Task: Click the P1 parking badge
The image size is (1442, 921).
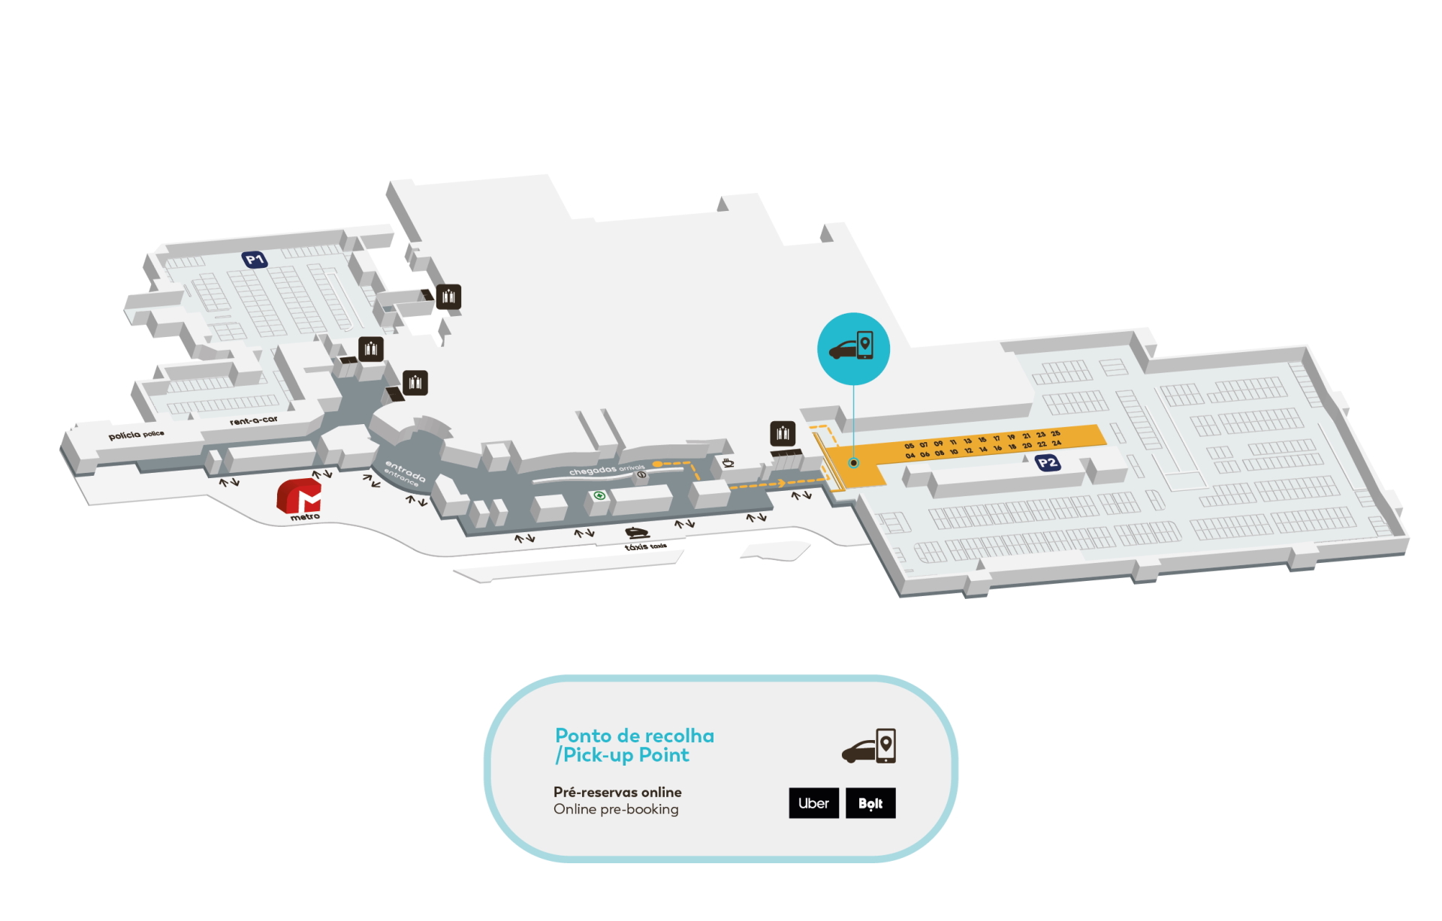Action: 255,260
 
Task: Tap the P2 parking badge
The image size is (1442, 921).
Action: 1047,462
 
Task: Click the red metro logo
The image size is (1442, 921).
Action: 300,496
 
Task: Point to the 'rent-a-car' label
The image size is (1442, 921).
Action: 254,420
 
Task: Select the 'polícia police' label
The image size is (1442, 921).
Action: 136,435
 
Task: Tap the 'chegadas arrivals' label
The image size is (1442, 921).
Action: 606,470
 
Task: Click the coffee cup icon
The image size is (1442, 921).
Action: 728,462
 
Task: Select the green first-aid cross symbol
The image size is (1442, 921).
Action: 599,495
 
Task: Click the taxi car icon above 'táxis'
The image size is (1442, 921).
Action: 637,532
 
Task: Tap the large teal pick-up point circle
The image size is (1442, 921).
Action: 853,349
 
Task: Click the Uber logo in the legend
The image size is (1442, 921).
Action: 813,803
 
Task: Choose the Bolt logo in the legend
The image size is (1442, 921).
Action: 870,803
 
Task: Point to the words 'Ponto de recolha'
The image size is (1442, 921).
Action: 635,736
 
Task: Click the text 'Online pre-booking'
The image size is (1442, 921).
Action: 616,809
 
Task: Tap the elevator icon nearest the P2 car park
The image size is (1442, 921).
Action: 783,433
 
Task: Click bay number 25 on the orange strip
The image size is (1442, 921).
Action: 1055,434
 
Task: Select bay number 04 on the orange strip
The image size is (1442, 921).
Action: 910,456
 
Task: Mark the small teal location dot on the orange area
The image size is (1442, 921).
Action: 853,463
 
